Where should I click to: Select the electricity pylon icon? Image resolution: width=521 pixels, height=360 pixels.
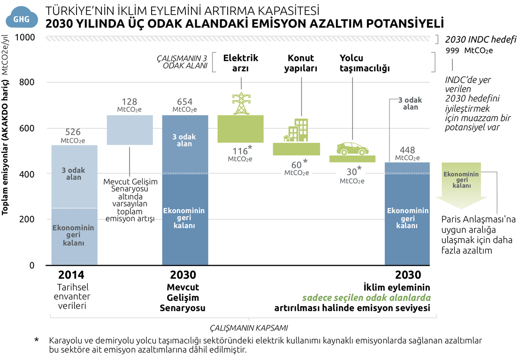click(x=241, y=104)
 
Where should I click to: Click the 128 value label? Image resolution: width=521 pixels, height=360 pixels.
click(x=129, y=101)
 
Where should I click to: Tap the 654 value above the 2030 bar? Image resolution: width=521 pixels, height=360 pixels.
click(x=184, y=101)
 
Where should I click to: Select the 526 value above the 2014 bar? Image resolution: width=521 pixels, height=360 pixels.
click(x=74, y=132)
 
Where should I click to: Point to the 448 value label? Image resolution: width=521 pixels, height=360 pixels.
click(x=407, y=150)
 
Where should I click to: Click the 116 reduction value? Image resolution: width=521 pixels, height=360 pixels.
click(x=239, y=151)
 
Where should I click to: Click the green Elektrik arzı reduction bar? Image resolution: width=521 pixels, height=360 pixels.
click(x=241, y=129)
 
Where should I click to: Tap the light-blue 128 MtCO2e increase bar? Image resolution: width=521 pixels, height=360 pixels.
click(x=130, y=130)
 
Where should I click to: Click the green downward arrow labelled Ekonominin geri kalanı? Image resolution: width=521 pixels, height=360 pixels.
click(x=461, y=185)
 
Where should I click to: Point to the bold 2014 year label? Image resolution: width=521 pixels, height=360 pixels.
click(x=74, y=275)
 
